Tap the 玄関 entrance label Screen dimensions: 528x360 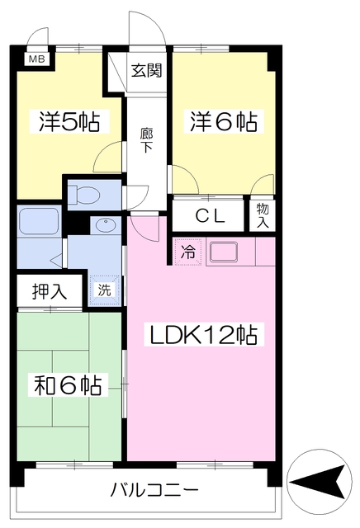[146, 70]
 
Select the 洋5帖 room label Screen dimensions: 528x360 [69, 122]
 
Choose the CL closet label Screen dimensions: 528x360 [211, 216]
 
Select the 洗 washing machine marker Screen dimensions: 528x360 [105, 290]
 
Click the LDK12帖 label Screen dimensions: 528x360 [201, 336]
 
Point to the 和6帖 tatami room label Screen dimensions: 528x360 [69, 384]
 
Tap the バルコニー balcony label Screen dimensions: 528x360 [154, 490]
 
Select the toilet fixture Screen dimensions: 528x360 [85, 196]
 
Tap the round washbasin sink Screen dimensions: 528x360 [105, 224]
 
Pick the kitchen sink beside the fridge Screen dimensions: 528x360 [222, 252]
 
